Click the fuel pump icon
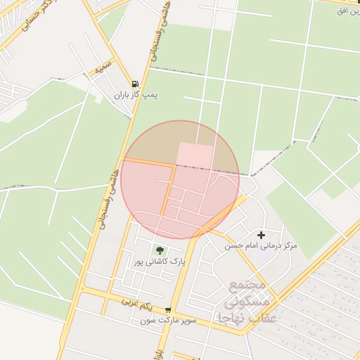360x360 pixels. point(135,83)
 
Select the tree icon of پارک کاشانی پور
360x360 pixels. point(160,250)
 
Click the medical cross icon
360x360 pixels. point(262,235)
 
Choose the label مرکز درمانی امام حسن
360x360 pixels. point(261,246)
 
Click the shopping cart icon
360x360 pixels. point(168,310)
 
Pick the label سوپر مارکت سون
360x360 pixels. point(168,321)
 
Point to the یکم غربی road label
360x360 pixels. point(136,302)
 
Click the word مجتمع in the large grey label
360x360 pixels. point(247,285)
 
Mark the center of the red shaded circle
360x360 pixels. point(180,180)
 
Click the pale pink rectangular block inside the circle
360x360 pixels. point(195,156)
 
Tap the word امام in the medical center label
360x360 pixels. point(252,246)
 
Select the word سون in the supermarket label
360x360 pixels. point(147,321)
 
